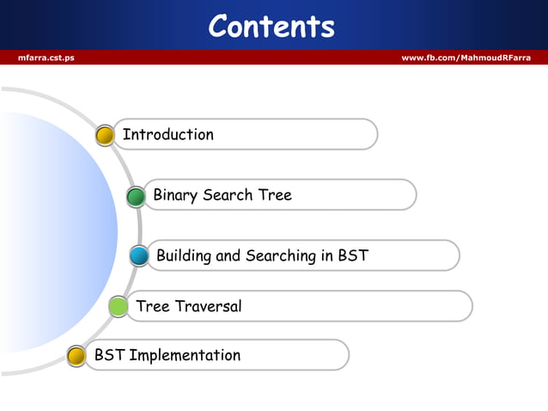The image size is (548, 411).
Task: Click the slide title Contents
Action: [x=271, y=26]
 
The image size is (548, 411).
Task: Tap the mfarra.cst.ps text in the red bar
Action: [x=46, y=58]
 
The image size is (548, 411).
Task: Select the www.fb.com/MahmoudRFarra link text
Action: [x=466, y=58]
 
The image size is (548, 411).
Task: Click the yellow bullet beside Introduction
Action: [x=105, y=136]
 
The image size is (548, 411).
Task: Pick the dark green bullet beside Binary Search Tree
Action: [x=136, y=197]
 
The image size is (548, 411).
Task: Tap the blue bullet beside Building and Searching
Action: [x=139, y=256]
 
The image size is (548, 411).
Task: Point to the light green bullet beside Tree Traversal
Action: [x=119, y=306]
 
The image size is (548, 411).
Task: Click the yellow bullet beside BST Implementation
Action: [x=76, y=356]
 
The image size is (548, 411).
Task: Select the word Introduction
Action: [x=168, y=135]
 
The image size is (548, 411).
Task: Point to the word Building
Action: [x=185, y=256]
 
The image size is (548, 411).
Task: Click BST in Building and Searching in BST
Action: [x=353, y=255]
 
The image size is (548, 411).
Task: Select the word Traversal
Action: [x=208, y=306]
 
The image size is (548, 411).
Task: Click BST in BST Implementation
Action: [x=109, y=355]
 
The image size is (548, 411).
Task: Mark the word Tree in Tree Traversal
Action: [x=153, y=306]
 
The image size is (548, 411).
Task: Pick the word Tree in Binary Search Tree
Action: [x=274, y=195]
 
